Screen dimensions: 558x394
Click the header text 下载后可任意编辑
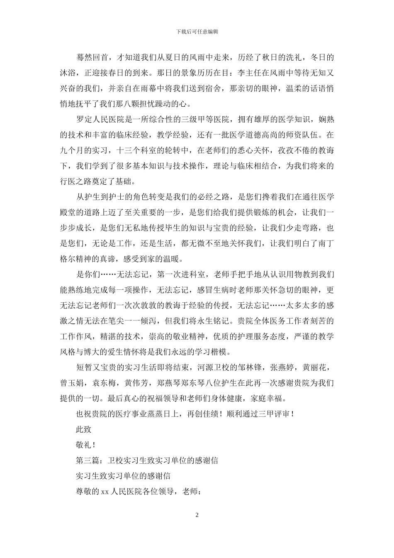tap(197, 32)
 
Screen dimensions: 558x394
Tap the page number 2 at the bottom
tap(197, 515)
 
